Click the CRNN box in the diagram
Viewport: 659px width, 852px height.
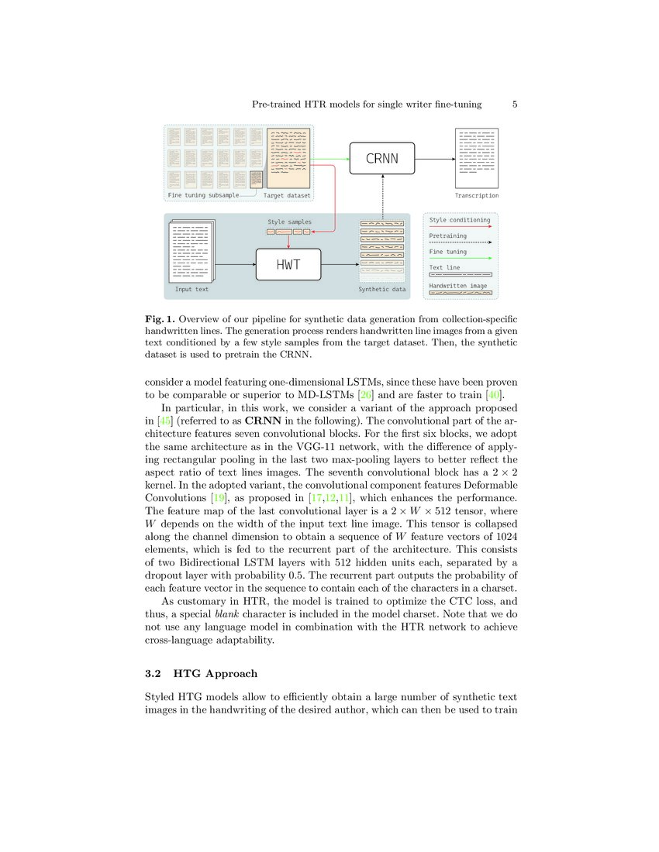(x=382, y=159)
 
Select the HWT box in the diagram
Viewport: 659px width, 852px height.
(x=288, y=266)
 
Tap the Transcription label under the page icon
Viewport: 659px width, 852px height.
(x=477, y=196)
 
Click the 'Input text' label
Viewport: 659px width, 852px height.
(x=191, y=290)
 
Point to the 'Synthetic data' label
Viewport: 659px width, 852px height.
(x=381, y=290)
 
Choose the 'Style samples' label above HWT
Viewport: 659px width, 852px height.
(x=289, y=222)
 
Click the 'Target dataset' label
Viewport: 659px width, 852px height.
(x=287, y=196)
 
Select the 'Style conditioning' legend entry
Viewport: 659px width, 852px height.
(x=460, y=220)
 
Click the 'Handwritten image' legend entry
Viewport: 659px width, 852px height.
(x=458, y=285)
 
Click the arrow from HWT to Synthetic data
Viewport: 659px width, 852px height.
(x=340, y=266)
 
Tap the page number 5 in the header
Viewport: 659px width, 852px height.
(x=515, y=104)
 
